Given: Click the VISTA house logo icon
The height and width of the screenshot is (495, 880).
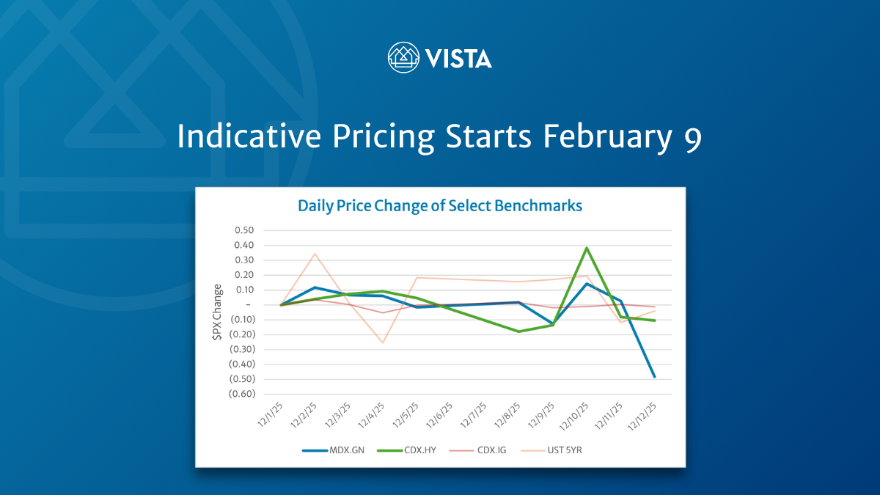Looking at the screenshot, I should click(x=403, y=57).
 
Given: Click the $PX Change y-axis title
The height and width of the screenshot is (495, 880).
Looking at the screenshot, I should click(x=217, y=312).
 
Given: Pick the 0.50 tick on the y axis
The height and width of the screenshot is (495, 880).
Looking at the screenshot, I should click(x=244, y=230).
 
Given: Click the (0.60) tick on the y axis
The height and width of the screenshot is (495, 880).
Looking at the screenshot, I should click(x=241, y=394).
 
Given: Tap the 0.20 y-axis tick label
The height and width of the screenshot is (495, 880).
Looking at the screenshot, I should click(x=244, y=275).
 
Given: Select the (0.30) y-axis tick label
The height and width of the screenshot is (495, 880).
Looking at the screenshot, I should click(x=241, y=349).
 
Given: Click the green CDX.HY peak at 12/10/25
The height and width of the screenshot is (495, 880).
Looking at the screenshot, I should click(x=587, y=248).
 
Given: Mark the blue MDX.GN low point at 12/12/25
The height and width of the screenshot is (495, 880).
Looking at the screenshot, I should click(x=654, y=377).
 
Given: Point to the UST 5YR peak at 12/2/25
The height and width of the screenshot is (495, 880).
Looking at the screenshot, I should click(x=315, y=254).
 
